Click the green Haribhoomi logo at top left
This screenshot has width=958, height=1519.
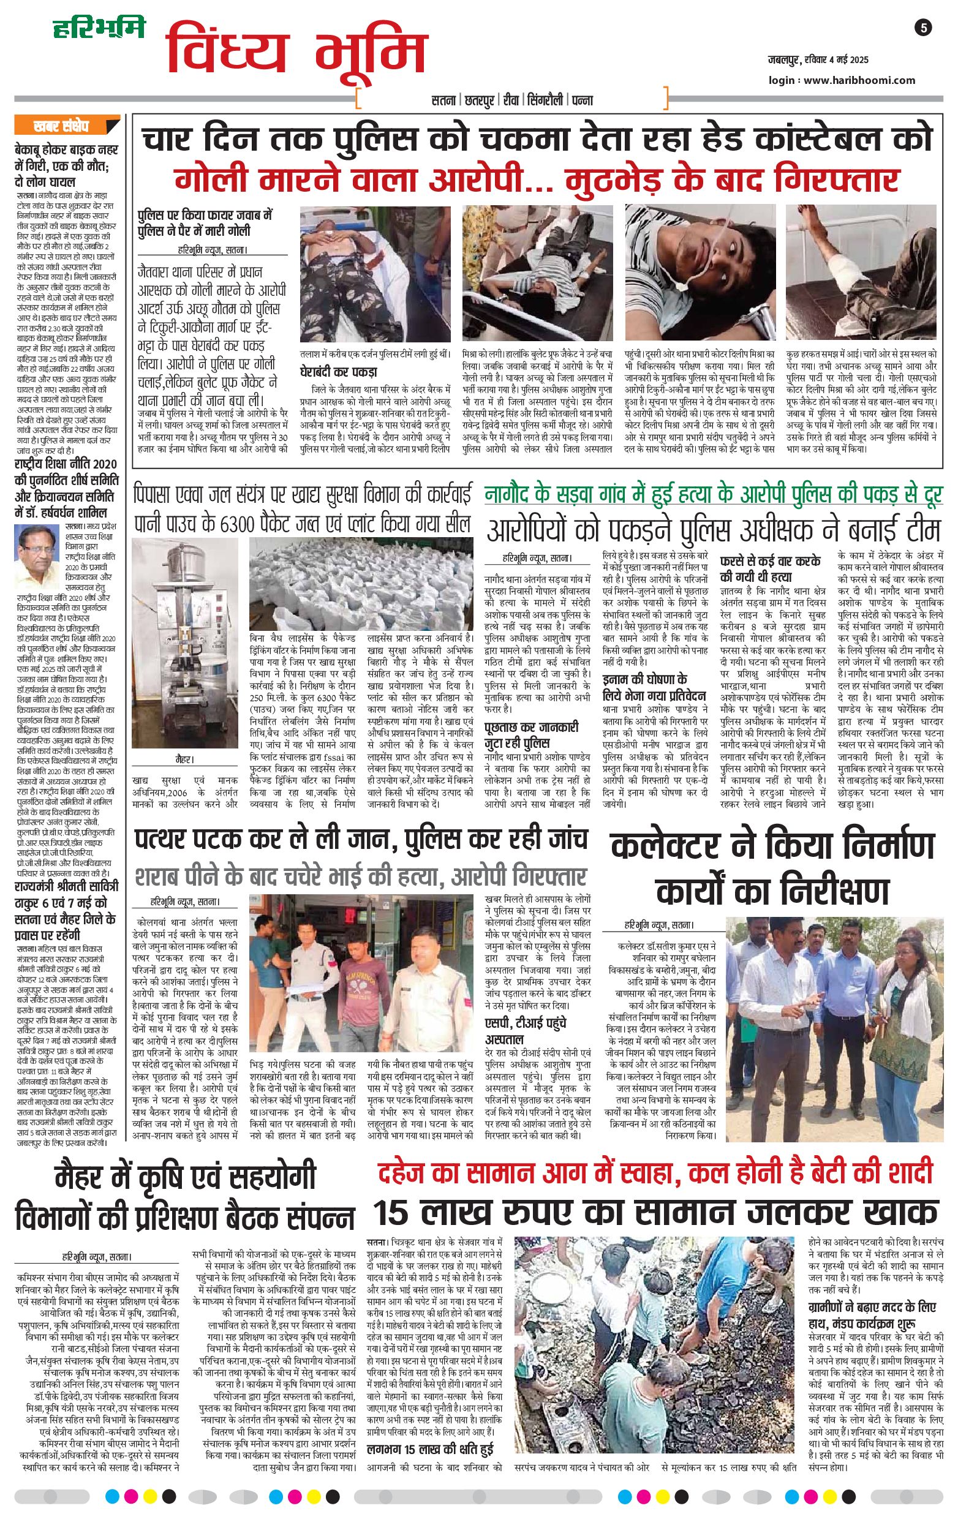click(x=99, y=28)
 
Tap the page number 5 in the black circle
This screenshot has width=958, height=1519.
click(x=922, y=28)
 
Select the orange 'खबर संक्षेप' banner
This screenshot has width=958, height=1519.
click(x=61, y=126)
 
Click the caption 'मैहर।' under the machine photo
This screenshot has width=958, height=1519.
click(x=184, y=759)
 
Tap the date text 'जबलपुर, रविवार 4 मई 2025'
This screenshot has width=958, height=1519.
click(x=817, y=60)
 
